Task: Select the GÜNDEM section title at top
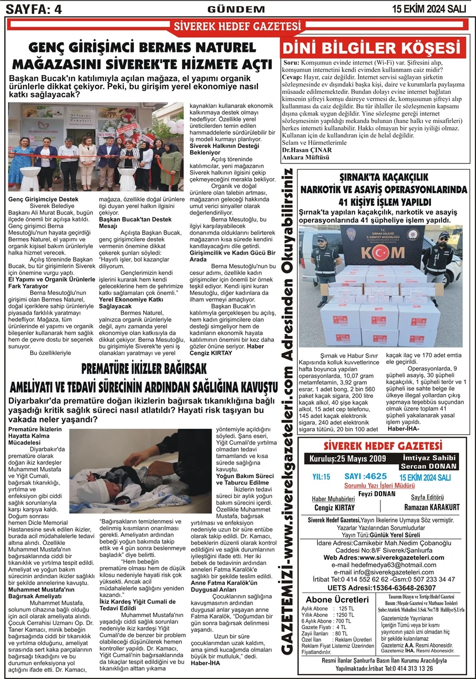pyautogui.click(x=236, y=9)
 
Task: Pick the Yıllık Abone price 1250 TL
pyautogui.click(x=345, y=615)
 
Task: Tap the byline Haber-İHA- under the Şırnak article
pyautogui.click(x=403, y=429)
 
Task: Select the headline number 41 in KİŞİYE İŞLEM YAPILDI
pyautogui.click(x=345, y=202)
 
